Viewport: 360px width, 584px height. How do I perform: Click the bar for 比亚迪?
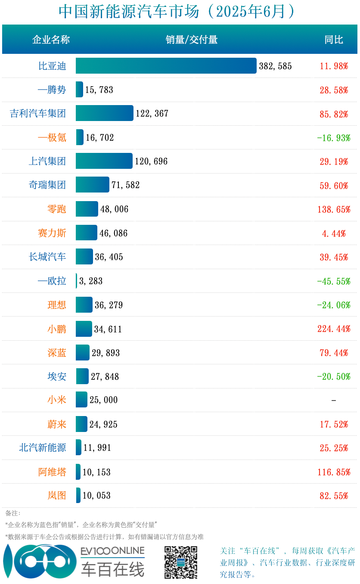(166, 66)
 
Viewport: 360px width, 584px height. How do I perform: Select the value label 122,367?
(152, 114)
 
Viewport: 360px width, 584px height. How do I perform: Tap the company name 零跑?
(57, 209)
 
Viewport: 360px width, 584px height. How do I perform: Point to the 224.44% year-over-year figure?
(334, 329)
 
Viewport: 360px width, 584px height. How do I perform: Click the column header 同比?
(334, 40)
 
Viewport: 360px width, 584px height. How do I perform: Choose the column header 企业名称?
(51, 40)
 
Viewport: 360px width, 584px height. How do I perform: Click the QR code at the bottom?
(181, 562)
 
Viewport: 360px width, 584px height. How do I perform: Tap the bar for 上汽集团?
(104, 161)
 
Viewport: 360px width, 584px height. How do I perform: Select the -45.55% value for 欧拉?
(334, 281)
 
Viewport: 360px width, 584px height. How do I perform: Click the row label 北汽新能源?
(43, 448)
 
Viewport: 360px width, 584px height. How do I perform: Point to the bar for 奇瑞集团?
(93, 185)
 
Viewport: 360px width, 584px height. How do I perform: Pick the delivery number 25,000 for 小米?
(103, 400)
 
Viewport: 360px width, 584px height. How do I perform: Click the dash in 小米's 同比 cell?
(334, 401)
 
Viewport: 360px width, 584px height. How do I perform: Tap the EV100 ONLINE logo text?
(112, 551)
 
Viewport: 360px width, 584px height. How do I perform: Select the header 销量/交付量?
(192, 40)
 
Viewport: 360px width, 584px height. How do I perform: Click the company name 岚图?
(57, 496)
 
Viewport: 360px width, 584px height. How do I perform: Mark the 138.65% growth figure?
(334, 209)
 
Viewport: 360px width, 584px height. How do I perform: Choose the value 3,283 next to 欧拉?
(91, 281)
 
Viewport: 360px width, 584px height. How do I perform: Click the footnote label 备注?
(13, 513)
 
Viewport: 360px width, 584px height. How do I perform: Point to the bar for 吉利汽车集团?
(105, 113)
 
